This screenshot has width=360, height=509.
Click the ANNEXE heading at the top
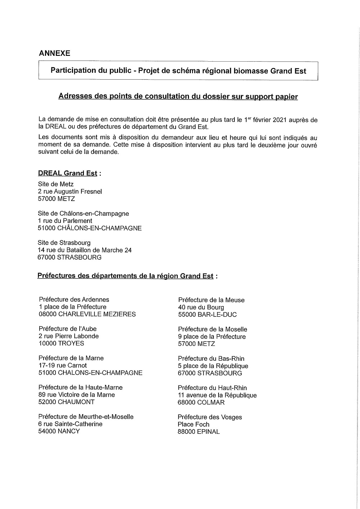[54, 53]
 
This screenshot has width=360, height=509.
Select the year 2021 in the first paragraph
[280, 120]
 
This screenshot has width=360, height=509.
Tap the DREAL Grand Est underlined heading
[68, 173]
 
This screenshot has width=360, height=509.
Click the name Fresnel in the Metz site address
[90, 192]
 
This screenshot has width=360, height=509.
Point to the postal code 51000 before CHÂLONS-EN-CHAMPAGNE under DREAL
[46, 228]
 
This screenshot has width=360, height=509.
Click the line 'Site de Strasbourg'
[64, 243]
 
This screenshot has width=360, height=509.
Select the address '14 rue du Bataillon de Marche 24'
[85, 250]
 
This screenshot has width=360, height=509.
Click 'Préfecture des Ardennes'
[74, 299]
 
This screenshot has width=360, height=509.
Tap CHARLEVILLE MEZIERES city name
[97, 314]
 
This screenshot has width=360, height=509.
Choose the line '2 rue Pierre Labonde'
[68, 336]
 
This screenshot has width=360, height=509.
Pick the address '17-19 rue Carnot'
[63, 365]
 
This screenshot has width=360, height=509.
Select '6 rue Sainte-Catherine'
[70, 424]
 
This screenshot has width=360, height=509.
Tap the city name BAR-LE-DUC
[217, 314]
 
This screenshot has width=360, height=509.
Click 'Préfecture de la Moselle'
[212, 329]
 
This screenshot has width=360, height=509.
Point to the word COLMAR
[211, 402]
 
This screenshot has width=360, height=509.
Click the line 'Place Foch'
[193, 424]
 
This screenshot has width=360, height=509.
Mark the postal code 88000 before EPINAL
[186, 432]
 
